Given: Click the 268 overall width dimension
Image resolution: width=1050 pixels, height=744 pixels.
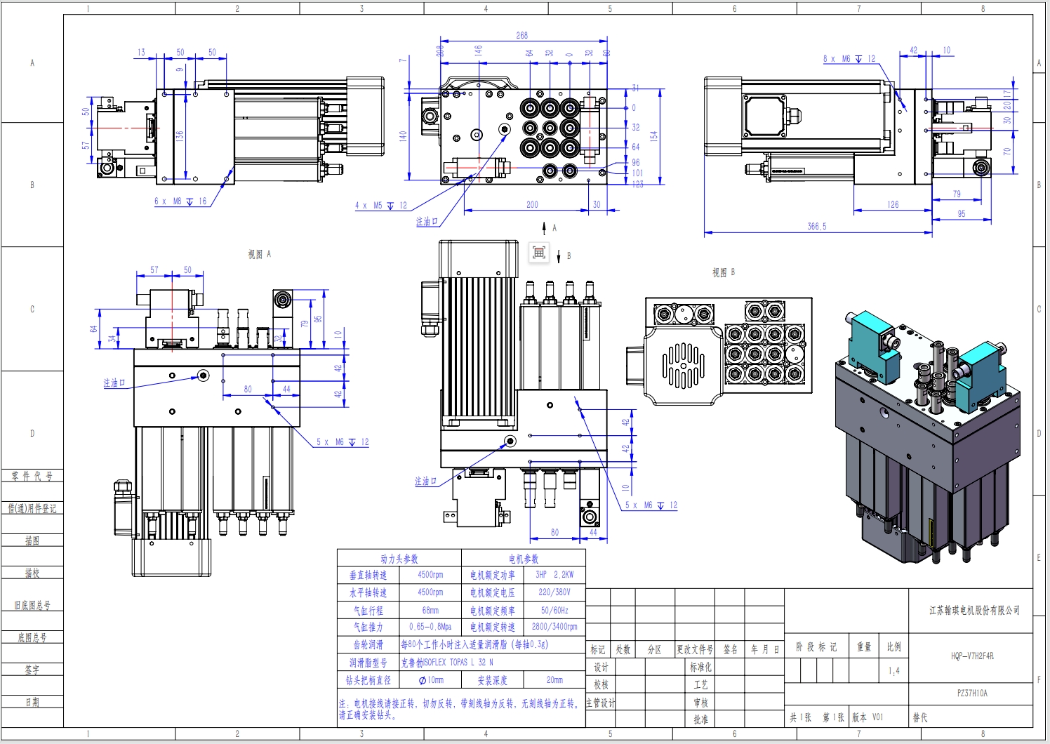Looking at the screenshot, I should point(521,35).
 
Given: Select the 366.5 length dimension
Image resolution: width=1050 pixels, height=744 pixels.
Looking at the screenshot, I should point(817,227).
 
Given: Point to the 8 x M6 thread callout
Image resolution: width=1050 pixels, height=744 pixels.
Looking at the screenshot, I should point(849,59).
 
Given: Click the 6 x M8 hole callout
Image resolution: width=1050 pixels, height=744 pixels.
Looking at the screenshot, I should point(180,201).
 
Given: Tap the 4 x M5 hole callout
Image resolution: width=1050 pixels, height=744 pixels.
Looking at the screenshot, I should point(380,206).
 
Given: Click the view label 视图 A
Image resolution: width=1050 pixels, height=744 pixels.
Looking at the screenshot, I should point(259,254).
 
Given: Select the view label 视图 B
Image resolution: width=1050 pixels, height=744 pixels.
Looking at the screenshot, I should point(723,272).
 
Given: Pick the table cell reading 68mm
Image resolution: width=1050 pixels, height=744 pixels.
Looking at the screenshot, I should point(430,610).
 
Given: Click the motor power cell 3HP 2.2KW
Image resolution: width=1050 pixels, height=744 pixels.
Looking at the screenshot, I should point(554,575).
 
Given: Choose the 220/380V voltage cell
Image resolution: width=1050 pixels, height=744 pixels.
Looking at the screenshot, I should point(554,592).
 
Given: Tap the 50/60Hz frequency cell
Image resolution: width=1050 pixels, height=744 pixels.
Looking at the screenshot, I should point(554,610).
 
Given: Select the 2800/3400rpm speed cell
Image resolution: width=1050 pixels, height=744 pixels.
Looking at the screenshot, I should point(554,627).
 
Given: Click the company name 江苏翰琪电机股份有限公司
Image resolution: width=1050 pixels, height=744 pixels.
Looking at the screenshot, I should point(974,610).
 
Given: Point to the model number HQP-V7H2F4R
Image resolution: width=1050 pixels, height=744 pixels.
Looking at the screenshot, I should point(972,656).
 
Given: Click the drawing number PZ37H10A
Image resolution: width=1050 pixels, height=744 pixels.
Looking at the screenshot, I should point(972,693).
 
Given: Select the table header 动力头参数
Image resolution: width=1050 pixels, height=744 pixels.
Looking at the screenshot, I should point(399,559).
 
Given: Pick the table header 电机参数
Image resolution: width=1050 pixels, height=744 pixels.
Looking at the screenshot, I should point(524,559).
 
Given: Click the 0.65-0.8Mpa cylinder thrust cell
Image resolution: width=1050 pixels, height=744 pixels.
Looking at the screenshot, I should point(430,627).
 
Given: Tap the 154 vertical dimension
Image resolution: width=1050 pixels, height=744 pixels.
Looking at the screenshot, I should point(653,136).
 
